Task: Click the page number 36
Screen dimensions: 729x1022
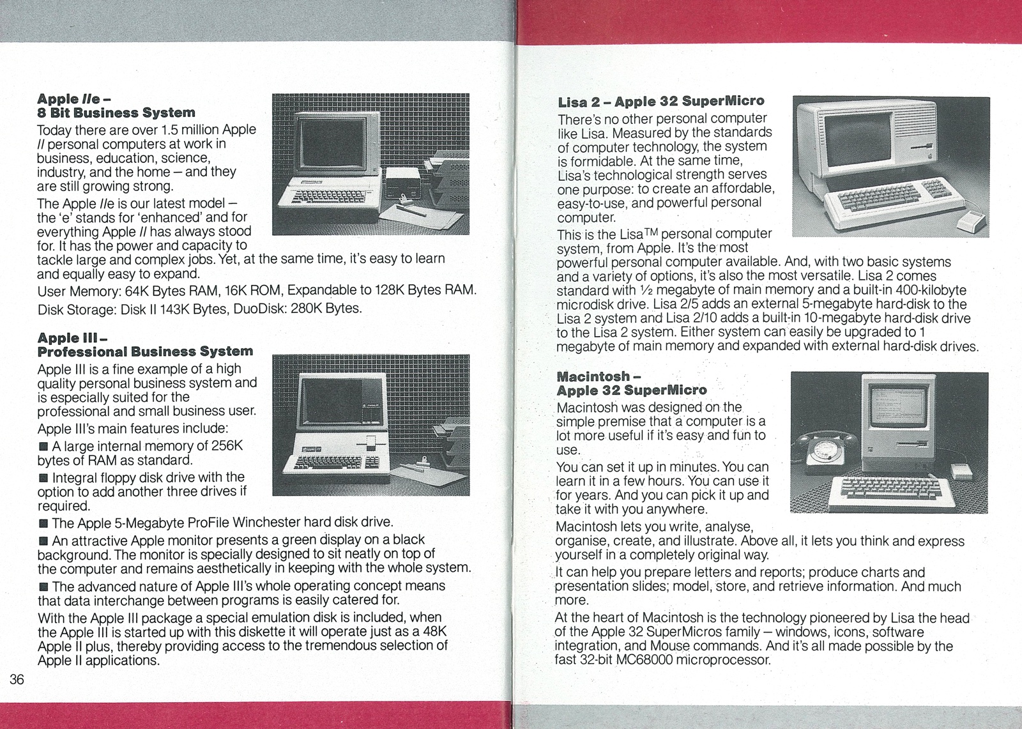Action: click(x=17, y=679)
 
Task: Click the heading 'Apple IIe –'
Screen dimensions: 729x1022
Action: click(x=74, y=99)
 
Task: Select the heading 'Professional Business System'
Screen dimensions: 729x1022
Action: click(x=145, y=351)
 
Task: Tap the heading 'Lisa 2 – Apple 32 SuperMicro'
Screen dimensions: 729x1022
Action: click(x=660, y=101)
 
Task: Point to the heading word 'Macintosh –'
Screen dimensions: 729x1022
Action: click(x=593, y=376)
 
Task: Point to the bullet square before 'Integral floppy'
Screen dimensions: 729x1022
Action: click(x=43, y=478)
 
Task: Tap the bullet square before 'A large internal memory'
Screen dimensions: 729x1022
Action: click(x=43, y=446)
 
